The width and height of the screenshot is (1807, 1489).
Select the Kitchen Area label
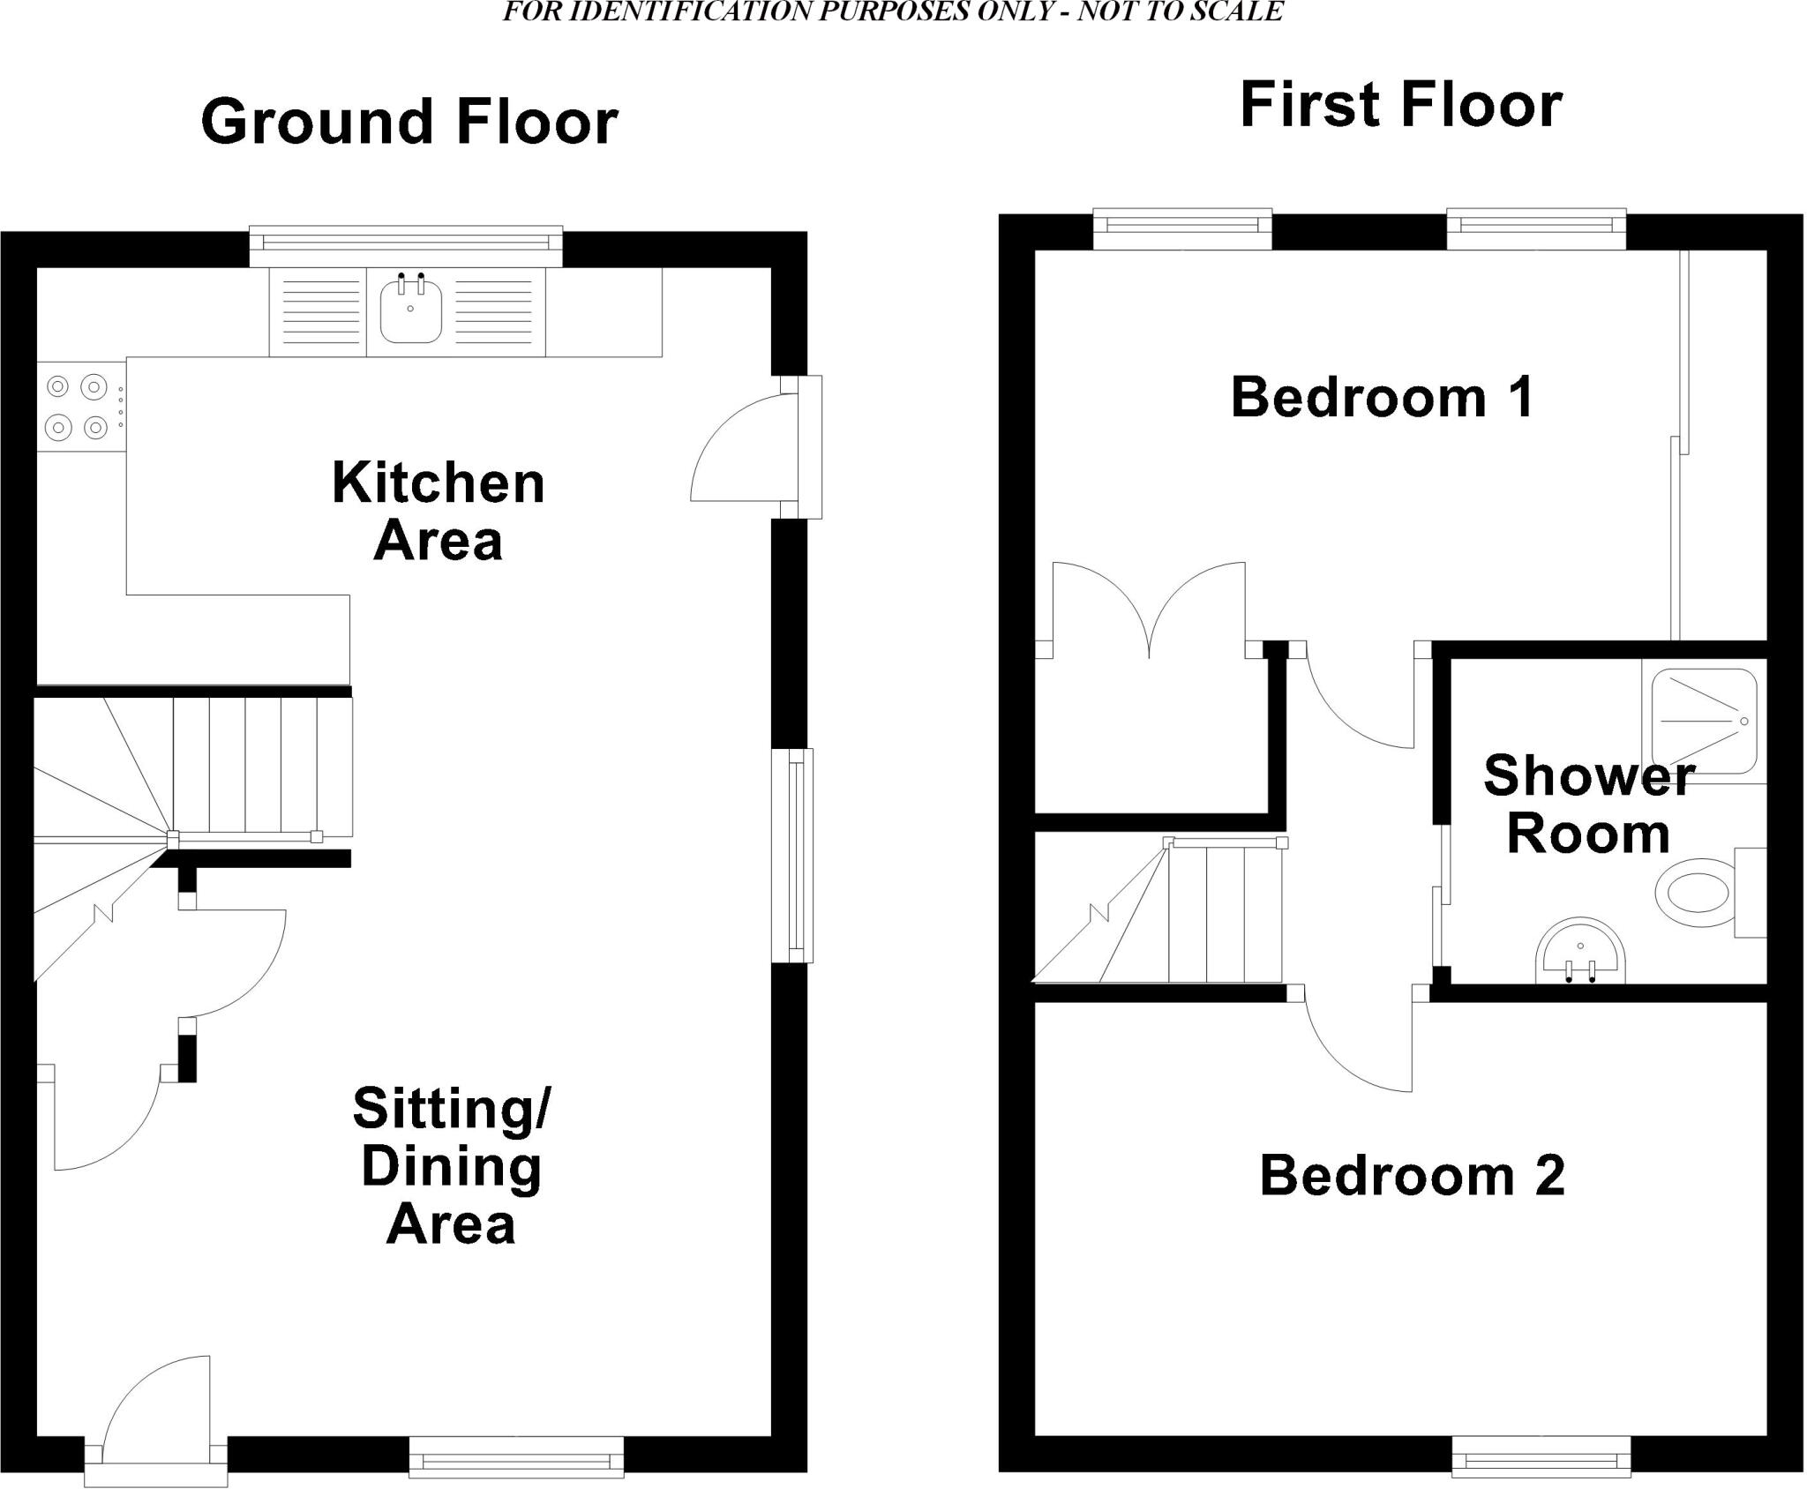(x=439, y=512)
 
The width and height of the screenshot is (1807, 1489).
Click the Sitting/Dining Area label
(x=452, y=1165)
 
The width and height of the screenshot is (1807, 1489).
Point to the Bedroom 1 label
(x=1382, y=398)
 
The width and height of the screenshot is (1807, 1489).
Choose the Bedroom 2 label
(x=1412, y=1176)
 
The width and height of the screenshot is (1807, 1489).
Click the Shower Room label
(x=1588, y=804)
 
